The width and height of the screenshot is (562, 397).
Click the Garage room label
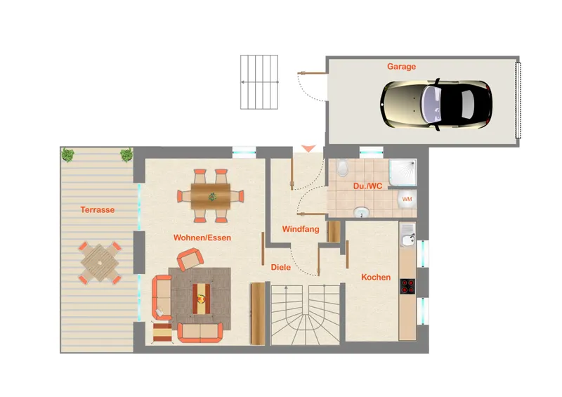click(401, 66)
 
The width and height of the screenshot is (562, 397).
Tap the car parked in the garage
click(436, 105)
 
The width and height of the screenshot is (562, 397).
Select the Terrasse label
click(97, 210)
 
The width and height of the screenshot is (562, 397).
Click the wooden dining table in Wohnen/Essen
click(210, 196)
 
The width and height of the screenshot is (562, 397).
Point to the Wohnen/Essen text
click(202, 237)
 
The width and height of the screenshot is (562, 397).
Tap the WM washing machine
click(407, 199)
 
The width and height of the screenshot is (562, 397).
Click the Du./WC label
click(367, 186)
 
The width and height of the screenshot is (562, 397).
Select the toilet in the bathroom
click(342, 167)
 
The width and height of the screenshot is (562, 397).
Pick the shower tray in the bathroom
click(403, 172)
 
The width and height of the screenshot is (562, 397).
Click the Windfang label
click(301, 229)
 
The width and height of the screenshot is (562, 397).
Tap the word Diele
click(280, 267)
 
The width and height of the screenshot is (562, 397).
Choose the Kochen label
click(376, 278)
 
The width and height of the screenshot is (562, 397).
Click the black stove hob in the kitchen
click(407, 287)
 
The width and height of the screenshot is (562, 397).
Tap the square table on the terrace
click(100, 263)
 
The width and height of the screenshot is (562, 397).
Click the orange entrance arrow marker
click(308, 148)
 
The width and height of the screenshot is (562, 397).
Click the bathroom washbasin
click(361, 212)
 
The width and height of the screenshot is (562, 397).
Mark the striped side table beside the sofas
click(162, 332)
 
